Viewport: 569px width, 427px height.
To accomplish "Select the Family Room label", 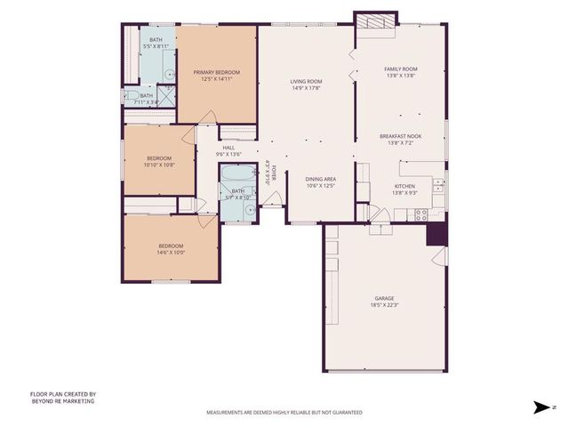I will click(400, 68).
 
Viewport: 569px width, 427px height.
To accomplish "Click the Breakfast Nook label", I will click(400, 136).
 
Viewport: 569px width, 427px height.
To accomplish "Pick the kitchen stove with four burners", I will click(421, 213).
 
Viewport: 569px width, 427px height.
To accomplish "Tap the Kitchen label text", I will click(405, 186).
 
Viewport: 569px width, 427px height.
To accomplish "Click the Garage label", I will click(384, 298).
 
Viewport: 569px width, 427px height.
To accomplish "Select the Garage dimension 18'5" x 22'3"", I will click(384, 305).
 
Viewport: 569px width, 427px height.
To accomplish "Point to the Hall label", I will click(228, 148).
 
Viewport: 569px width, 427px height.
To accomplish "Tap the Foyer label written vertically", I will click(275, 172).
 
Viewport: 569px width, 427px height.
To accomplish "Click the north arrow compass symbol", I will click(539, 407).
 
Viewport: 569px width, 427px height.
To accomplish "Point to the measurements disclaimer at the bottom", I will click(284, 413).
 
